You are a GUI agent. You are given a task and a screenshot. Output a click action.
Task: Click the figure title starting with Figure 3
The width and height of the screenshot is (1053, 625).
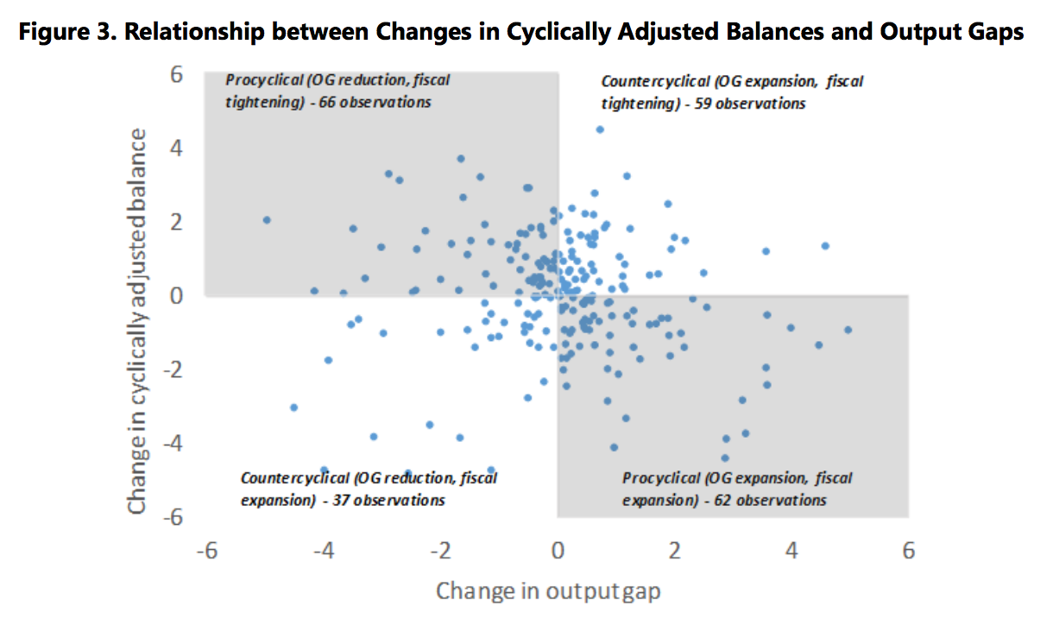click(520, 33)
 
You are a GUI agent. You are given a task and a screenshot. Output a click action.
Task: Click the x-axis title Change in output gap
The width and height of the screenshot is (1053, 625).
click(548, 590)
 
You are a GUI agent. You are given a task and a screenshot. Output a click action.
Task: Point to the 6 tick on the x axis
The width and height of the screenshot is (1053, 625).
click(907, 550)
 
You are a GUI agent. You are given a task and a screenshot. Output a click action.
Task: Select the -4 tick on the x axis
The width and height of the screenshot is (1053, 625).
click(323, 550)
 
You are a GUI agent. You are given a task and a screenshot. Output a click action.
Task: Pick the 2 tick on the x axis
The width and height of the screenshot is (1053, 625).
click(674, 550)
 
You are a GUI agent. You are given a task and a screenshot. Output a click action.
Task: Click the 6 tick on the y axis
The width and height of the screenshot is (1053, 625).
click(176, 75)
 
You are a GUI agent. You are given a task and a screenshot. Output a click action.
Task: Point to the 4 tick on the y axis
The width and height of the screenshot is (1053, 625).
click(176, 148)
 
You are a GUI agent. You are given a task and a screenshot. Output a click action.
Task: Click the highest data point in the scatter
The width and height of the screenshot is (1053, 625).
click(600, 129)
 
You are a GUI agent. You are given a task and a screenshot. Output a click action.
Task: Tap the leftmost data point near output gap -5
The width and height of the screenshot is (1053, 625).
click(267, 220)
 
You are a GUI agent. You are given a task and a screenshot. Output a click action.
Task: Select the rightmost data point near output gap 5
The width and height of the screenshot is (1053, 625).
click(848, 330)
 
